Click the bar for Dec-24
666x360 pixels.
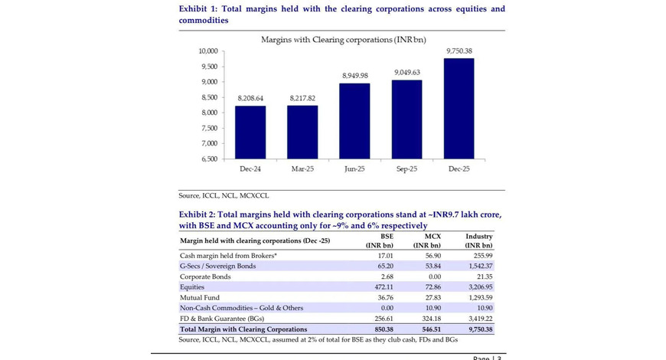250,133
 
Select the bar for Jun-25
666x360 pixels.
354,121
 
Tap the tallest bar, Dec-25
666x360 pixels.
459,109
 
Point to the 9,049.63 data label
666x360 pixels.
407,73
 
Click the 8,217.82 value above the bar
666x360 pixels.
302,98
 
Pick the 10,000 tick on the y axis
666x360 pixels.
208,51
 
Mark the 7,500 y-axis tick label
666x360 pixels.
210,128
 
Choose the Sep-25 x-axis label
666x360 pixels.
406,169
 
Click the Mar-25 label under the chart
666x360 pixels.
302,169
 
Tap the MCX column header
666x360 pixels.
427,241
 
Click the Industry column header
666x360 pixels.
478,241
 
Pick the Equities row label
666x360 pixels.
192,287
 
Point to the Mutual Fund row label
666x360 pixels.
200,297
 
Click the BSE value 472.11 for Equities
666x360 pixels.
384,287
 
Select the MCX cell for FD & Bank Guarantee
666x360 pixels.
432,319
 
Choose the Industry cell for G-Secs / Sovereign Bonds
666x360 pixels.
481,266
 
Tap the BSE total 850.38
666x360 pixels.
384,329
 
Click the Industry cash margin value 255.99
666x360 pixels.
483,255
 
